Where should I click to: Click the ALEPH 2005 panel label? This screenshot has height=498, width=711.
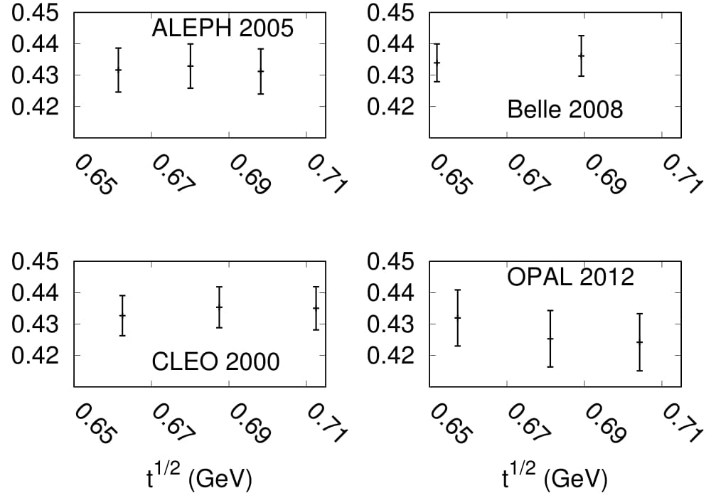point(223,28)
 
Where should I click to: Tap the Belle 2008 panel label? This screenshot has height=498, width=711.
point(565,110)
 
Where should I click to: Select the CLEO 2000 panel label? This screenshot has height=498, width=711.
point(216,361)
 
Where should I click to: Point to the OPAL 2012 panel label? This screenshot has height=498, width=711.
point(570,277)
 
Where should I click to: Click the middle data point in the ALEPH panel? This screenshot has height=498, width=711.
point(191,65)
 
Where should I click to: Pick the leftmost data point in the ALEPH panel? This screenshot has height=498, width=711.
point(118,69)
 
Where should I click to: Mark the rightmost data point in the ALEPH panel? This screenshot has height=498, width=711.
point(261,71)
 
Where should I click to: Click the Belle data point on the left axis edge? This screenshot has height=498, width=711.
point(437,63)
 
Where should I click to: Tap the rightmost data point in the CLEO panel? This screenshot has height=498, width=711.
point(316,308)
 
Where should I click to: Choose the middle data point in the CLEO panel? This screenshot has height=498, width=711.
point(219,307)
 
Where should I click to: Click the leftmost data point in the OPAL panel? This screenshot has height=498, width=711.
point(457,317)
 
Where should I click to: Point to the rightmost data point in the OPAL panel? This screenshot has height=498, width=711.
point(639,341)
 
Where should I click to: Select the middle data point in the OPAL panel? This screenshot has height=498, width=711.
point(550,338)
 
